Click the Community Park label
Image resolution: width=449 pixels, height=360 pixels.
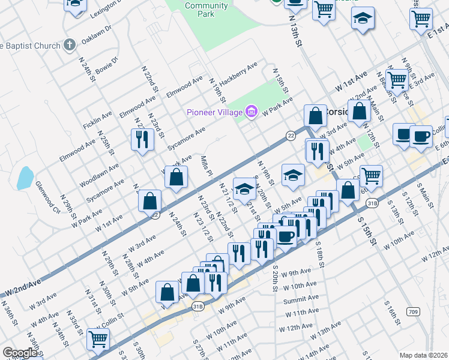click(x=206, y=10)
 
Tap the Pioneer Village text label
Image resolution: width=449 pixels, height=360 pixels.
click(x=214, y=112)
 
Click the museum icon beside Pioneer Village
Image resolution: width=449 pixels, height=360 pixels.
click(x=251, y=112)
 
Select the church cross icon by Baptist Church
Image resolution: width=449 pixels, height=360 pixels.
click(x=70, y=45)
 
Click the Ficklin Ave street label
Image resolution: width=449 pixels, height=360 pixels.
click(x=98, y=122)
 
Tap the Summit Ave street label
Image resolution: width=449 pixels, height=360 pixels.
click(x=301, y=299)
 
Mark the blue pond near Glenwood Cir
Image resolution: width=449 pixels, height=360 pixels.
click(x=25, y=178)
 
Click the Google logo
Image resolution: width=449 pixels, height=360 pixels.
click(x=19, y=353)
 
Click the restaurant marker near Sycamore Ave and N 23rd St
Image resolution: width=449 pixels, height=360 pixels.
click(x=142, y=139)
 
